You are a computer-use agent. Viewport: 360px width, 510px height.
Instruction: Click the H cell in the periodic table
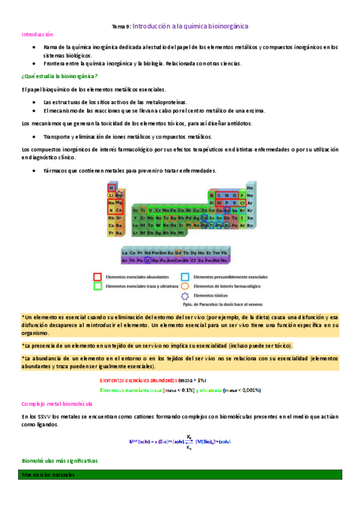pos(111,187)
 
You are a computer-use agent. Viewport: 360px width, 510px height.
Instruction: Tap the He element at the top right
pos(250,188)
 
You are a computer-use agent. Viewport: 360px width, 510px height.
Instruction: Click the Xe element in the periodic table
pos(250,217)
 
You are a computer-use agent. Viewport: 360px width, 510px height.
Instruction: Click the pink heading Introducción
pos(37,35)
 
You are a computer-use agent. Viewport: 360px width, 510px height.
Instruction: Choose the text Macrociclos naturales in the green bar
pos(47,475)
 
